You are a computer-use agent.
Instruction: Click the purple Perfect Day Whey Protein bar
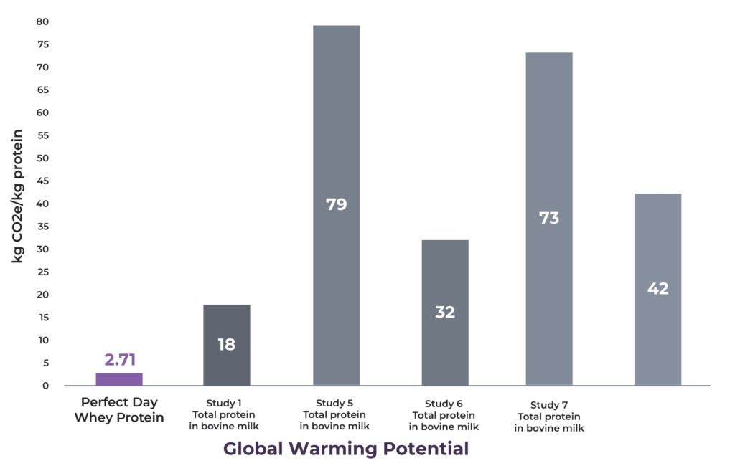tap(119, 379)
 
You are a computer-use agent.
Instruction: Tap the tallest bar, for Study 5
tap(336, 143)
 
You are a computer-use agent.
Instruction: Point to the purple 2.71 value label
tap(119, 360)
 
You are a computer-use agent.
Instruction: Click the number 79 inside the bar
tap(336, 204)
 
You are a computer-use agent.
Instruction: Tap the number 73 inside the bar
tap(549, 218)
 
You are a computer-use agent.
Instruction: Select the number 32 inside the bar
tap(445, 313)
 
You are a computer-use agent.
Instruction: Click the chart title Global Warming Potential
tap(346, 449)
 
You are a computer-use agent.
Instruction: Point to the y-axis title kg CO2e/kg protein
tap(17, 196)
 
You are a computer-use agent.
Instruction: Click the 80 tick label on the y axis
tap(42, 22)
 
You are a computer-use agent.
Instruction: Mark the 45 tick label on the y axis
tap(42, 181)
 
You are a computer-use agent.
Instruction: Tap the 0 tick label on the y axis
tap(45, 386)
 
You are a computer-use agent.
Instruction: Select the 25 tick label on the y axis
tap(42, 272)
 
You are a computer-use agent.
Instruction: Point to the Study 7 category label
tap(549, 416)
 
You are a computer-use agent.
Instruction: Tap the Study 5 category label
tap(334, 414)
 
